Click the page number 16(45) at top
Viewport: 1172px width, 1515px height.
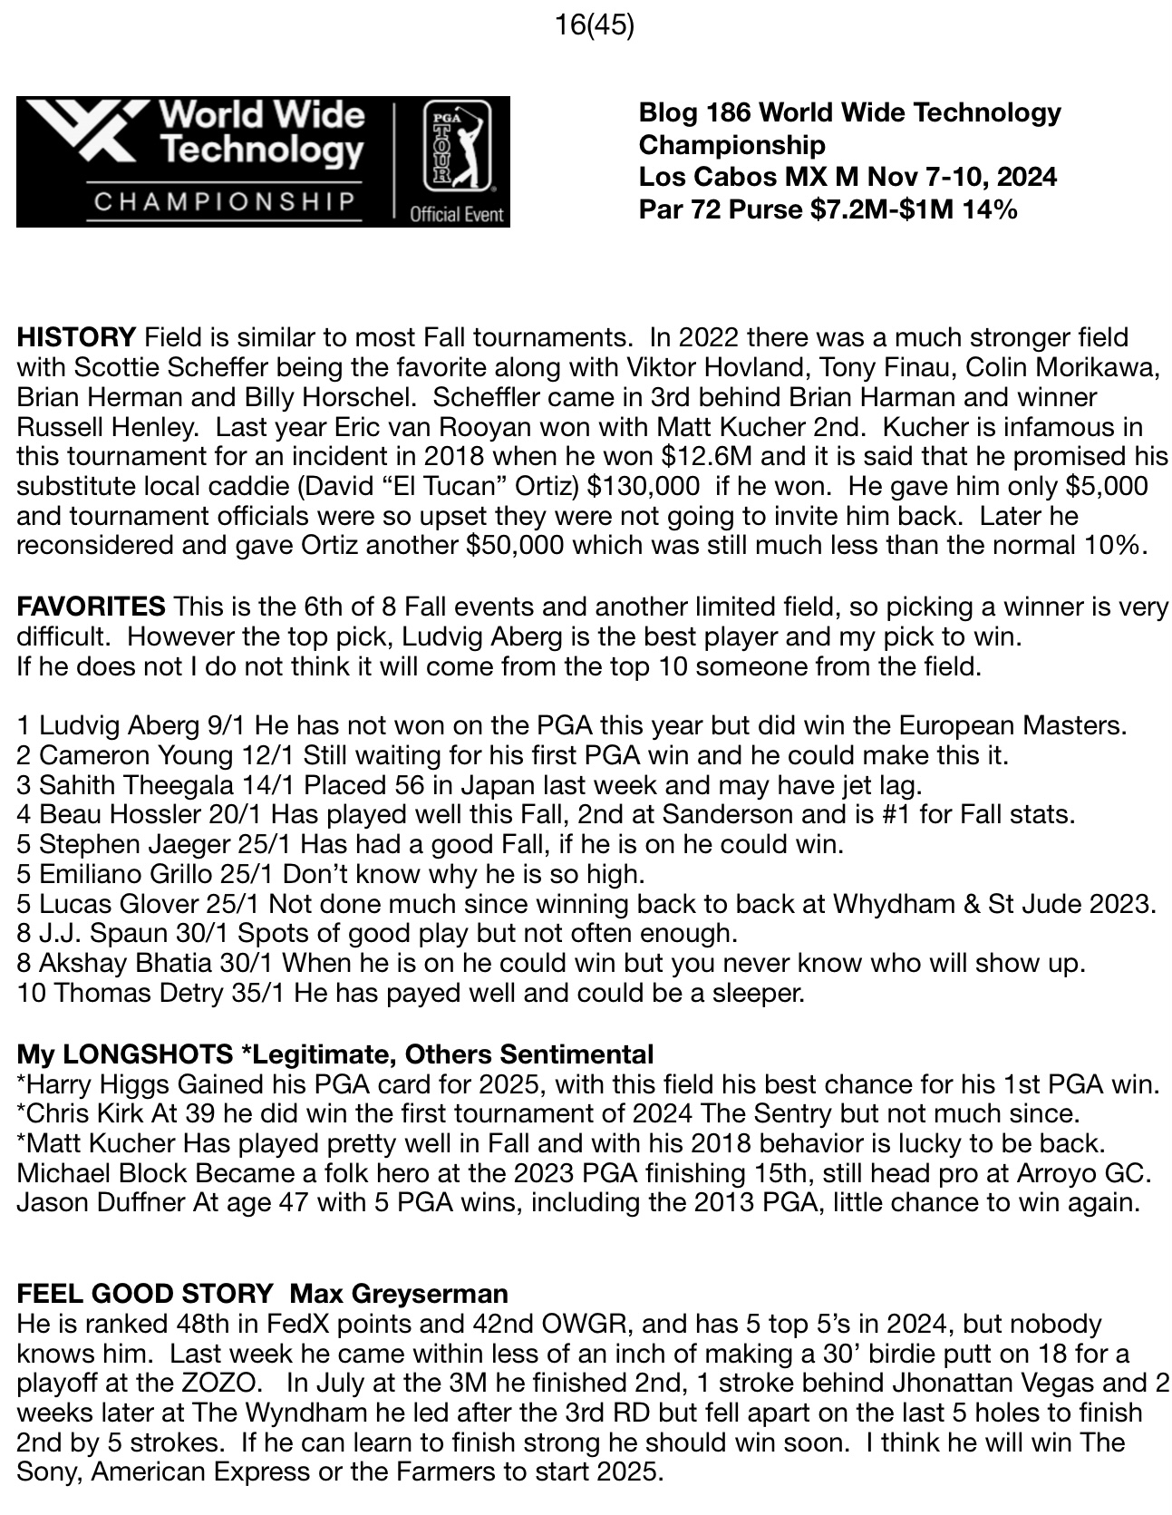(x=594, y=25)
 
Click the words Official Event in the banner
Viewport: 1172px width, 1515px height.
(x=457, y=215)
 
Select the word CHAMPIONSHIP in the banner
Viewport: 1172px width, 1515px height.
(x=224, y=200)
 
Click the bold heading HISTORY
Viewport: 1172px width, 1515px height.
(x=75, y=338)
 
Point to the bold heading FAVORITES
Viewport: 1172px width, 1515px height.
(x=91, y=606)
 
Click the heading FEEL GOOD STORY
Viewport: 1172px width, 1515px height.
(x=145, y=1293)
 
